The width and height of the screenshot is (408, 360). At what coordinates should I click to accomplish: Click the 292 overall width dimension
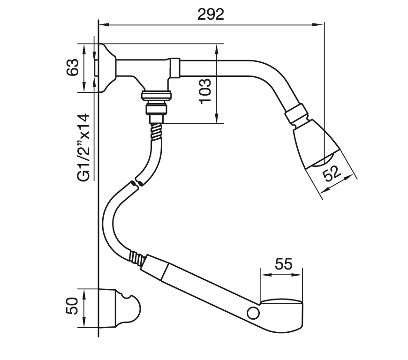pyautogui.click(x=211, y=15)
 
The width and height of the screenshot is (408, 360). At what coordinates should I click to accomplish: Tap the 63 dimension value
pyautogui.click(x=73, y=67)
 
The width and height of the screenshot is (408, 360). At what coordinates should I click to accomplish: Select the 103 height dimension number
pyautogui.click(x=205, y=91)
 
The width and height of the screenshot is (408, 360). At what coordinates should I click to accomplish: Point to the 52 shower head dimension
pyautogui.click(x=332, y=173)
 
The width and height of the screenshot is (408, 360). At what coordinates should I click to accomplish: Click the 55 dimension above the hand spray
pyautogui.click(x=284, y=264)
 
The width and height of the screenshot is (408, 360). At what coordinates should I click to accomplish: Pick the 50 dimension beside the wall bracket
pyautogui.click(x=72, y=306)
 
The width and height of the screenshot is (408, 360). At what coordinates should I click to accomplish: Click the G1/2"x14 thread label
pyautogui.click(x=83, y=148)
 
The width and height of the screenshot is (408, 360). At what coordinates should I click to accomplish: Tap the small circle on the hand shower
pyautogui.click(x=253, y=313)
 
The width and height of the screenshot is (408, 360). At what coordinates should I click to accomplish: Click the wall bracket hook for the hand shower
pyautogui.click(x=120, y=308)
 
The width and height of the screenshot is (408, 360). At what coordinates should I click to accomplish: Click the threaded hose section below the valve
pyautogui.click(x=156, y=132)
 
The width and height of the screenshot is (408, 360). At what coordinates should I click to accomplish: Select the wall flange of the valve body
pyautogui.click(x=107, y=68)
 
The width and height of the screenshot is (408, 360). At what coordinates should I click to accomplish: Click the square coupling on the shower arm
pyautogui.click(x=175, y=68)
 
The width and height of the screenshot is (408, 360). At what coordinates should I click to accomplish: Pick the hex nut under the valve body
pyautogui.click(x=156, y=95)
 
